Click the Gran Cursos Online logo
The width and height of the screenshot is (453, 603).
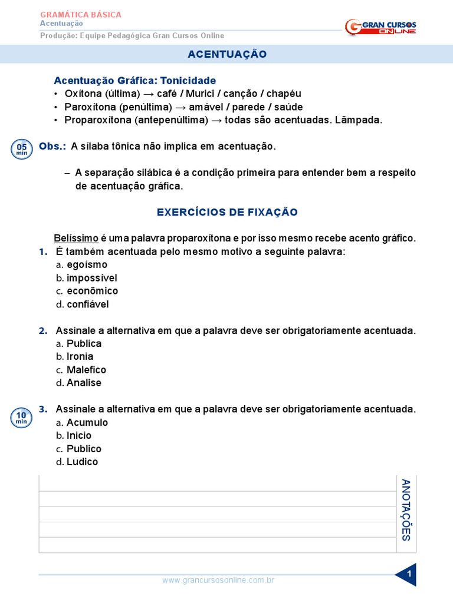[x=380, y=26]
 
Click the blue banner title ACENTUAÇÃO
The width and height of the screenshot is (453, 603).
[x=227, y=54]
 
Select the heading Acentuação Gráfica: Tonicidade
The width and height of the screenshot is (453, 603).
[x=134, y=80]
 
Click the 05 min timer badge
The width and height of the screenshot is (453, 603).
[x=22, y=149]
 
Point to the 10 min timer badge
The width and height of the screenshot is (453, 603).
[x=22, y=418]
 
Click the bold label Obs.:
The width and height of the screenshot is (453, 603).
[x=52, y=146]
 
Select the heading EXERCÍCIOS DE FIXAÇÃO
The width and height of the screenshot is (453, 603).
[x=227, y=212]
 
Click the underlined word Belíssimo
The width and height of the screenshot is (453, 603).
[x=76, y=238]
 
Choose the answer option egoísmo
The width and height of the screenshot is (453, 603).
[x=87, y=265]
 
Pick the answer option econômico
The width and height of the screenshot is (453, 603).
[x=92, y=291]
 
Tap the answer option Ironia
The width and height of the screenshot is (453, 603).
[x=80, y=356]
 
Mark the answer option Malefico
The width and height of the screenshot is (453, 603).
[x=86, y=370]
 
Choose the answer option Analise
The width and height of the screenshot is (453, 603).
[x=84, y=383]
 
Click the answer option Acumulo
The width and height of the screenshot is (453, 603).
[x=87, y=422]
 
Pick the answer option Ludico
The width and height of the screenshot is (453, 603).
[x=82, y=462]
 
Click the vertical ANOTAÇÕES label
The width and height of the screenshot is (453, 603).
[x=406, y=510]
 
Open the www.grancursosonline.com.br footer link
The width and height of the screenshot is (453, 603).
[x=218, y=581]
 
